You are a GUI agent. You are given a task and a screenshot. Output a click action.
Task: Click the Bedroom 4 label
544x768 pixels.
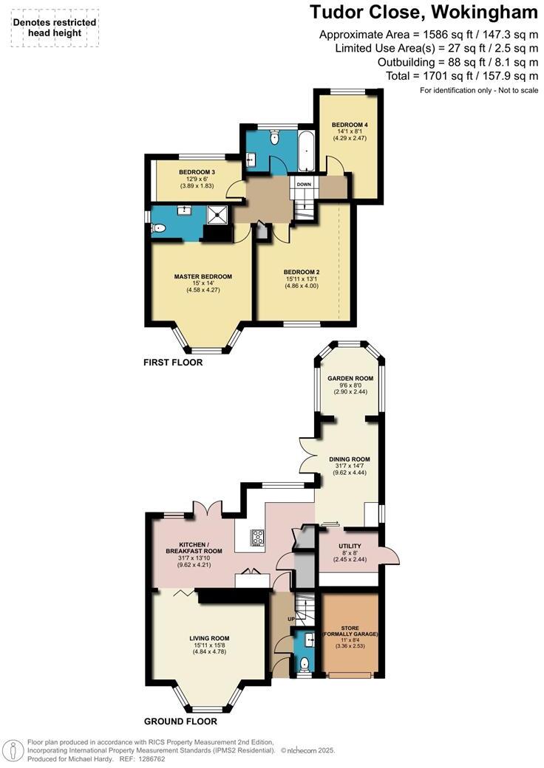[x=349, y=124]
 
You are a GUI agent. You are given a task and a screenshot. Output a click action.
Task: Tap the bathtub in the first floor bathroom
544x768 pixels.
[x=305, y=151]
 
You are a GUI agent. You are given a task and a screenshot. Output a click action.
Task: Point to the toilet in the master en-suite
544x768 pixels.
[x=158, y=230]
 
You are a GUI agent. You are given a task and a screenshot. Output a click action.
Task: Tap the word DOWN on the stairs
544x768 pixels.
[x=304, y=184]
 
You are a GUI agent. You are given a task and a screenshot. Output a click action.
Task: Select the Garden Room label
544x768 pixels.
[x=350, y=378]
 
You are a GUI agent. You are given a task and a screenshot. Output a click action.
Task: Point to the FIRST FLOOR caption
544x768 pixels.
[x=174, y=363]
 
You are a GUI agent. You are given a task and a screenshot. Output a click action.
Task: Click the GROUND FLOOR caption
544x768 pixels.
[x=180, y=721]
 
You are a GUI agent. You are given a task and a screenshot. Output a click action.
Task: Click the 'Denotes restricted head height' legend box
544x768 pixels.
[x=55, y=28]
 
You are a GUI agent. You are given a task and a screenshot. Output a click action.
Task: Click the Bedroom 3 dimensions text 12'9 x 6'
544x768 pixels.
[x=197, y=179]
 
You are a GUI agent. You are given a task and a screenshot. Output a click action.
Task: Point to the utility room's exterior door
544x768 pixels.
[x=392, y=555]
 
